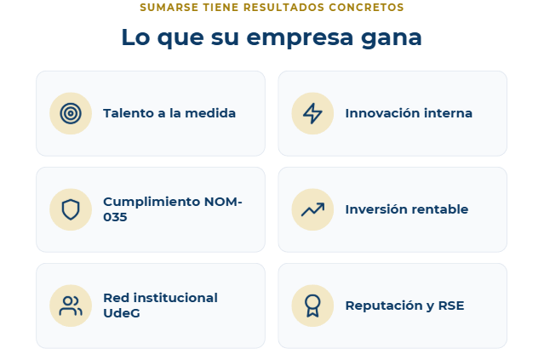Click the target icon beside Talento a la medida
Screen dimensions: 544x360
pos(71,113)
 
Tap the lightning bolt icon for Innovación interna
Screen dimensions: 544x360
pos(312,113)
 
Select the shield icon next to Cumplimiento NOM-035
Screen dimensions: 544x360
pos(71,209)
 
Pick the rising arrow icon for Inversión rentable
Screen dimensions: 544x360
pos(312,209)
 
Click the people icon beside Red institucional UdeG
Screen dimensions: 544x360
pos(71,306)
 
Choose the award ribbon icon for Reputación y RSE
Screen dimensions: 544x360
pos(312,306)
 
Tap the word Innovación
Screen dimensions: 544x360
pos(379,113)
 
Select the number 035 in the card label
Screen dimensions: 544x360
pos(115,217)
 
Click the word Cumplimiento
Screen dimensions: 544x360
pos(152,202)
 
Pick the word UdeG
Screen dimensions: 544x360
pos(122,313)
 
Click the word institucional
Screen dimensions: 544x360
pos(175,298)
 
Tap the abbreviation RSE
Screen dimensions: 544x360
pos(451,306)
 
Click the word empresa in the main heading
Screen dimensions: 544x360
pos(300,38)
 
